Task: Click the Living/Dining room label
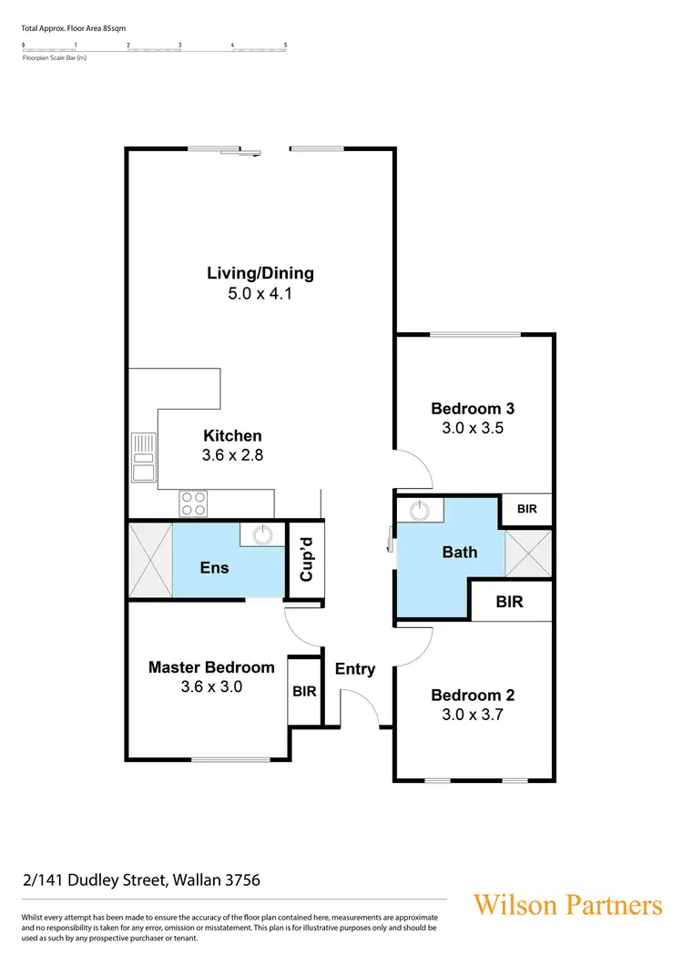coord(260,273)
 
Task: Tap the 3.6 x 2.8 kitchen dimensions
coord(233,455)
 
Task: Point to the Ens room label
coord(214,567)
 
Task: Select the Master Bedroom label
coord(211,667)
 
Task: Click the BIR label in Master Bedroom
coord(304,691)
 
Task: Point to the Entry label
coord(355,669)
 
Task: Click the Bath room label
coord(459,552)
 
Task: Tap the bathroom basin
coord(420,510)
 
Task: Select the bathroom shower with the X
coord(528,553)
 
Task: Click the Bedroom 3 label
coord(474,409)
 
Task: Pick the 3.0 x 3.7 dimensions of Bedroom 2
coord(474,715)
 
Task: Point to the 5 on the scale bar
coord(285,45)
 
